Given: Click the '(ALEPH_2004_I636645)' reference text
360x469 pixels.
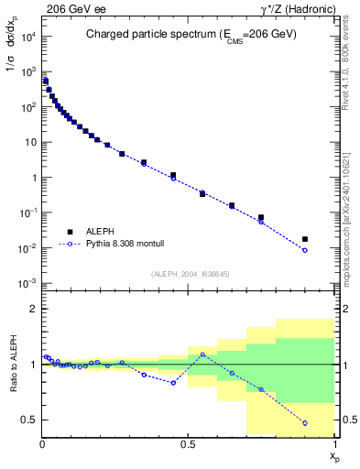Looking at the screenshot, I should pos(189,273).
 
